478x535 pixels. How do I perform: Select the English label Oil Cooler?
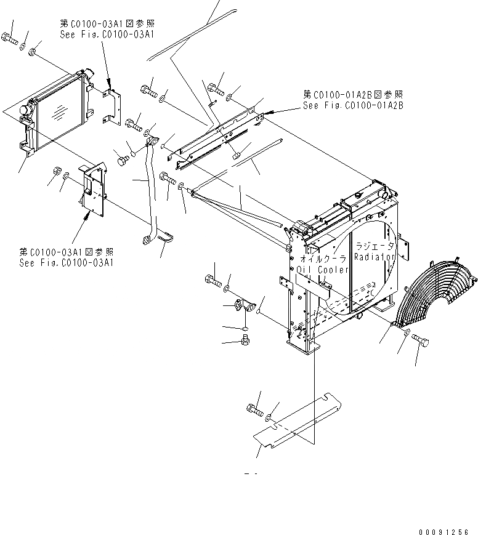323,269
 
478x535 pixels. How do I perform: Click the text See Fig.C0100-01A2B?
352,105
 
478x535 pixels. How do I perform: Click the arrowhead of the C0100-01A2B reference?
269,113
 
